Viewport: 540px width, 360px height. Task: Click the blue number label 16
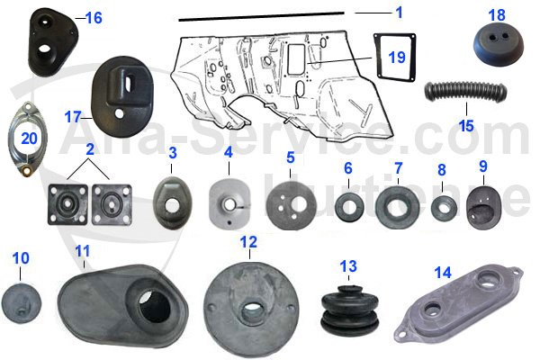pyautogui.click(x=94, y=17)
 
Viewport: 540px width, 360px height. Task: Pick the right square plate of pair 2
pyautogui.click(x=112, y=203)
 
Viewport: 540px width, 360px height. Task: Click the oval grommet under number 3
pyautogui.click(x=171, y=198)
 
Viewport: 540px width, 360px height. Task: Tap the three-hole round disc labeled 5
pyautogui.click(x=290, y=205)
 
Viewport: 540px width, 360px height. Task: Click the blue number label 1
pyautogui.click(x=399, y=12)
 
